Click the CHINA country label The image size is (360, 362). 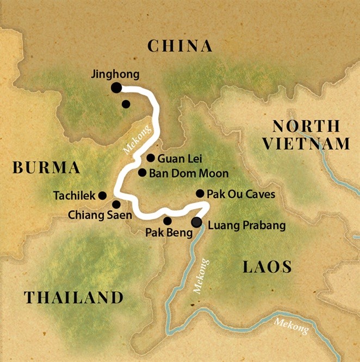(x=180, y=46)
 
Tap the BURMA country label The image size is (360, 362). (x=46, y=168)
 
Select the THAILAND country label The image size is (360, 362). (x=73, y=297)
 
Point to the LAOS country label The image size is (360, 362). (x=267, y=267)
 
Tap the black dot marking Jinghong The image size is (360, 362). (x=116, y=87)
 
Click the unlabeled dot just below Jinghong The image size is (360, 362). (x=126, y=103)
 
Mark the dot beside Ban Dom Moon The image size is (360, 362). (x=142, y=173)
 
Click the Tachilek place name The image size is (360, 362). (x=74, y=195)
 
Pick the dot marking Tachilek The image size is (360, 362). (x=102, y=194)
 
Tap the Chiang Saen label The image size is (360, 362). (x=100, y=215)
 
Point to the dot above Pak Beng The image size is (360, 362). (x=167, y=221)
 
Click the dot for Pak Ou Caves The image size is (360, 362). (x=200, y=193)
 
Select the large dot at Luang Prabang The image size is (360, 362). (x=196, y=222)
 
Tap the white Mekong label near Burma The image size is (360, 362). (x=132, y=143)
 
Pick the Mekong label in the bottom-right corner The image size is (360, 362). (x=292, y=326)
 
